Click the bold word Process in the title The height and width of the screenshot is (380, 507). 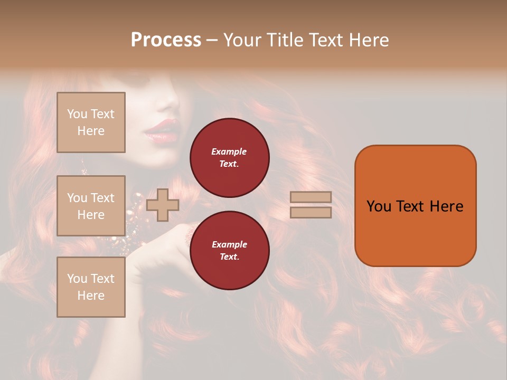coord(166,40)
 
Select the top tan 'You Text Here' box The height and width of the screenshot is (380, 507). coord(91,122)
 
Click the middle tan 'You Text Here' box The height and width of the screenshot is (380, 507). coord(91,206)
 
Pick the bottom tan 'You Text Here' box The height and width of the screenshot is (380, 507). coord(91,287)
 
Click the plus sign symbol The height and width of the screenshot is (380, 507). coord(162,205)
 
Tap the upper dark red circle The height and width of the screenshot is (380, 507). coord(230,158)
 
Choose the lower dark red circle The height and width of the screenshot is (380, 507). coord(230,251)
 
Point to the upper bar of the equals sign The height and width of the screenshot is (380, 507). coord(311,197)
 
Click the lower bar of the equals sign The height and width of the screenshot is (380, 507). coord(311,212)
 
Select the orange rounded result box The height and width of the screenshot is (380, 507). coord(416,206)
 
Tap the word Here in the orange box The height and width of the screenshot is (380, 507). coord(446,206)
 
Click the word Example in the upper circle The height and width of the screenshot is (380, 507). coord(229,151)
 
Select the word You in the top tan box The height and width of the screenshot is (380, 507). coord(77,114)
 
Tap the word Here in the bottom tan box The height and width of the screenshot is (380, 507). coord(91,296)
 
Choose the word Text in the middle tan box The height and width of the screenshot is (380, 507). coord(102,198)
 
